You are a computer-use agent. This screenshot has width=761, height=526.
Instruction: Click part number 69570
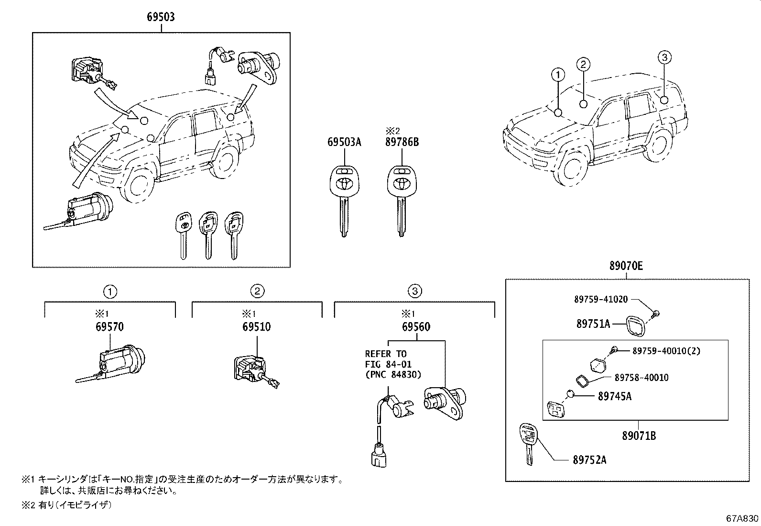[109, 327]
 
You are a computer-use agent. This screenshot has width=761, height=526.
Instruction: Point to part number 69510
[256, 327]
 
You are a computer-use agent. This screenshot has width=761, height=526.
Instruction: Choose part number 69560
[416, 327]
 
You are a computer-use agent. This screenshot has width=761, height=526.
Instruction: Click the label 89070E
[626, 267]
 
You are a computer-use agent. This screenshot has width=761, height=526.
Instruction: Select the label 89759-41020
[600, 299]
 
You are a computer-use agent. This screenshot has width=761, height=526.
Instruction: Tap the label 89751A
[593, 324]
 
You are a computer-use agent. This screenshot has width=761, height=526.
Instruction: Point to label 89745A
[615, 396]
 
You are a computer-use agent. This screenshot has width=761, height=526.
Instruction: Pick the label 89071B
[639, 436]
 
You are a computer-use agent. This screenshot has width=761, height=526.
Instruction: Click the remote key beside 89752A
[527, 443]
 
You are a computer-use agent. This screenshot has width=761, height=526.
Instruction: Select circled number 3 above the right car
[664, 58]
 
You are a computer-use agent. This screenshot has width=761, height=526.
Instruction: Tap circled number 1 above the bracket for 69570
[110, 291]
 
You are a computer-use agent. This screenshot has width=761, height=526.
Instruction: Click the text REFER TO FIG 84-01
[386, 359]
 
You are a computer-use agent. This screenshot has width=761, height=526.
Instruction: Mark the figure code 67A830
[742, 519]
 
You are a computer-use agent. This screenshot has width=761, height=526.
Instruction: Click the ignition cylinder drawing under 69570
[117, 364]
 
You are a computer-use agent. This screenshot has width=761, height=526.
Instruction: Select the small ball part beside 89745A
[570, 394]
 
